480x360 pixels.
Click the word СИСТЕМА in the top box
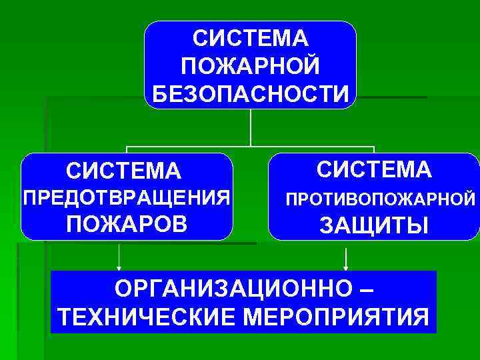pyautogui.click(x=250, y=37)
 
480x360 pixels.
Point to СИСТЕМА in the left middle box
pyautogui.click(x=123, y=171)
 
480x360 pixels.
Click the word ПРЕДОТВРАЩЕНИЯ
pyautogui.click(x=127, y=197)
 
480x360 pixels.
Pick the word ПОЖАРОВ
pyautogui.click(x=127, y=224)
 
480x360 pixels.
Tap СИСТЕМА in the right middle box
pyautogui.click(x=374, y=169)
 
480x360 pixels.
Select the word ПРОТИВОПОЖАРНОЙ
pyautogui.click(x=380, y=199)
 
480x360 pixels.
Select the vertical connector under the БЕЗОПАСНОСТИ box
pyautogui.click(x=250, y=127)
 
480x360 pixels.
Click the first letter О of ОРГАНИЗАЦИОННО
pyautogui.click(x=123, y=289)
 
